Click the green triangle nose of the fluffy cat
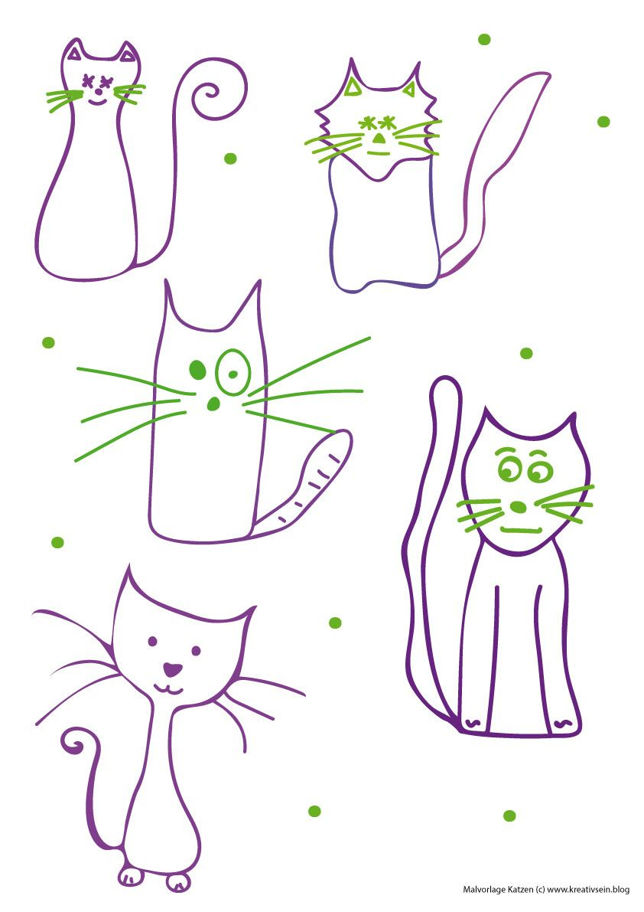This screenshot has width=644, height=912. (379, 139)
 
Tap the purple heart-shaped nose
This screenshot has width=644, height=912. (172, 669)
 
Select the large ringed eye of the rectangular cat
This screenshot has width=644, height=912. (233, 371)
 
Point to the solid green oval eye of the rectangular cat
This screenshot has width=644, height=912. (197, 369)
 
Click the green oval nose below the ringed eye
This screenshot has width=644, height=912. (213, 404)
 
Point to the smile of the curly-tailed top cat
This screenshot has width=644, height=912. (98, 103)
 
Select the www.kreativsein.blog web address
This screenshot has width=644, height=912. (588, 889)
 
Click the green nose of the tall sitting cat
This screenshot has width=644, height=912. (518, 507)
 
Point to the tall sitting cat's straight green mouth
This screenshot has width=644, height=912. (521, 530)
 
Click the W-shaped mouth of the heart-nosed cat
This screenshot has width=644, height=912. (168, 689)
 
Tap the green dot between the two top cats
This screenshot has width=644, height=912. (230, 159)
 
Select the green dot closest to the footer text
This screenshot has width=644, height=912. (509, 816)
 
